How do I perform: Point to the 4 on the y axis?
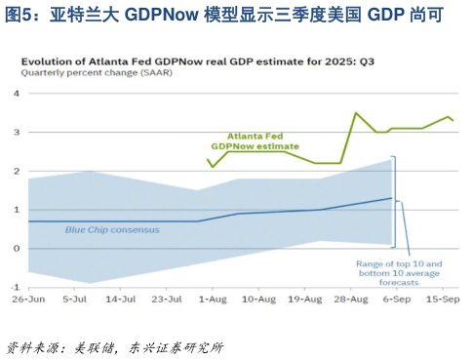pyautogui.click(x=16, y=94)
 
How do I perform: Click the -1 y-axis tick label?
pyautogui.click(x=14, y=287)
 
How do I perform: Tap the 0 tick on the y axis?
pyautogui.click(x=16, y=248)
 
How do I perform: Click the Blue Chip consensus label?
pyautogui.click(x=104, y=230)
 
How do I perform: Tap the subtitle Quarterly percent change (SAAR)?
pyautogui.click(x=87, y=73)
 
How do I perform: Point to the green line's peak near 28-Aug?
pyautogui.click(x=355, y=113)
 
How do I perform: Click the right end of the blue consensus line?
pyautogui.click(x=392, y=198)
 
